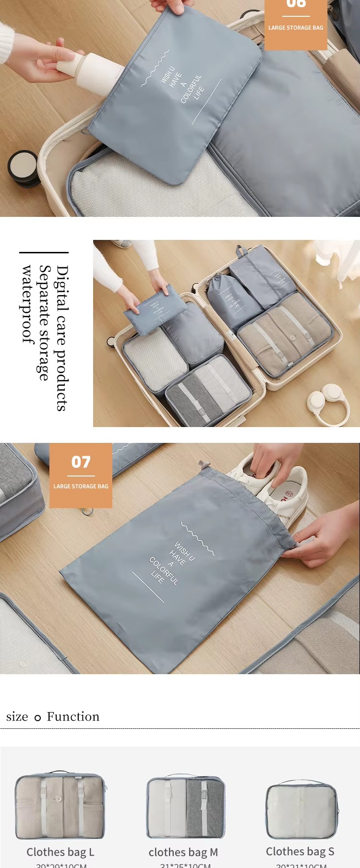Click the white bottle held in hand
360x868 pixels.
pyautogui.click(x=91, y=70)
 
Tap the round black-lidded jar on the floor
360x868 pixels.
pyautogui.click(x=23, y=168)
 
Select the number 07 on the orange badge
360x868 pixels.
pyautogui.click(x=81, y=462)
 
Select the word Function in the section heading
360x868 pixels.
pyautogui.click(x=73, y=716)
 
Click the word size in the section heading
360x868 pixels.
pyautogui.click(x=17, y=717)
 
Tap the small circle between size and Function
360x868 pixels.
pyautogui.click(x=37, y=718)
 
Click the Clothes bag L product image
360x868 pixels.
pyautogui.click(x=60, y=806)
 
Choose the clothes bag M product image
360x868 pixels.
pyautogui.click(x=185, y=807)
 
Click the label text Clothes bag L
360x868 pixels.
pyautogui.click(x=60, y=852)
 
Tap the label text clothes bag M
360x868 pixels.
pyautogui.click(x=183, y=852)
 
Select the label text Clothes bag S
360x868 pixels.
pyautogui.click(x=300, y=852)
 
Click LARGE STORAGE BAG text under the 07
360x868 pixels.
pyautogui.click(x=81, y=486)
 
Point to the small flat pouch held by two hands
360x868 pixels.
pyautogui.click(x=155, y=309)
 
